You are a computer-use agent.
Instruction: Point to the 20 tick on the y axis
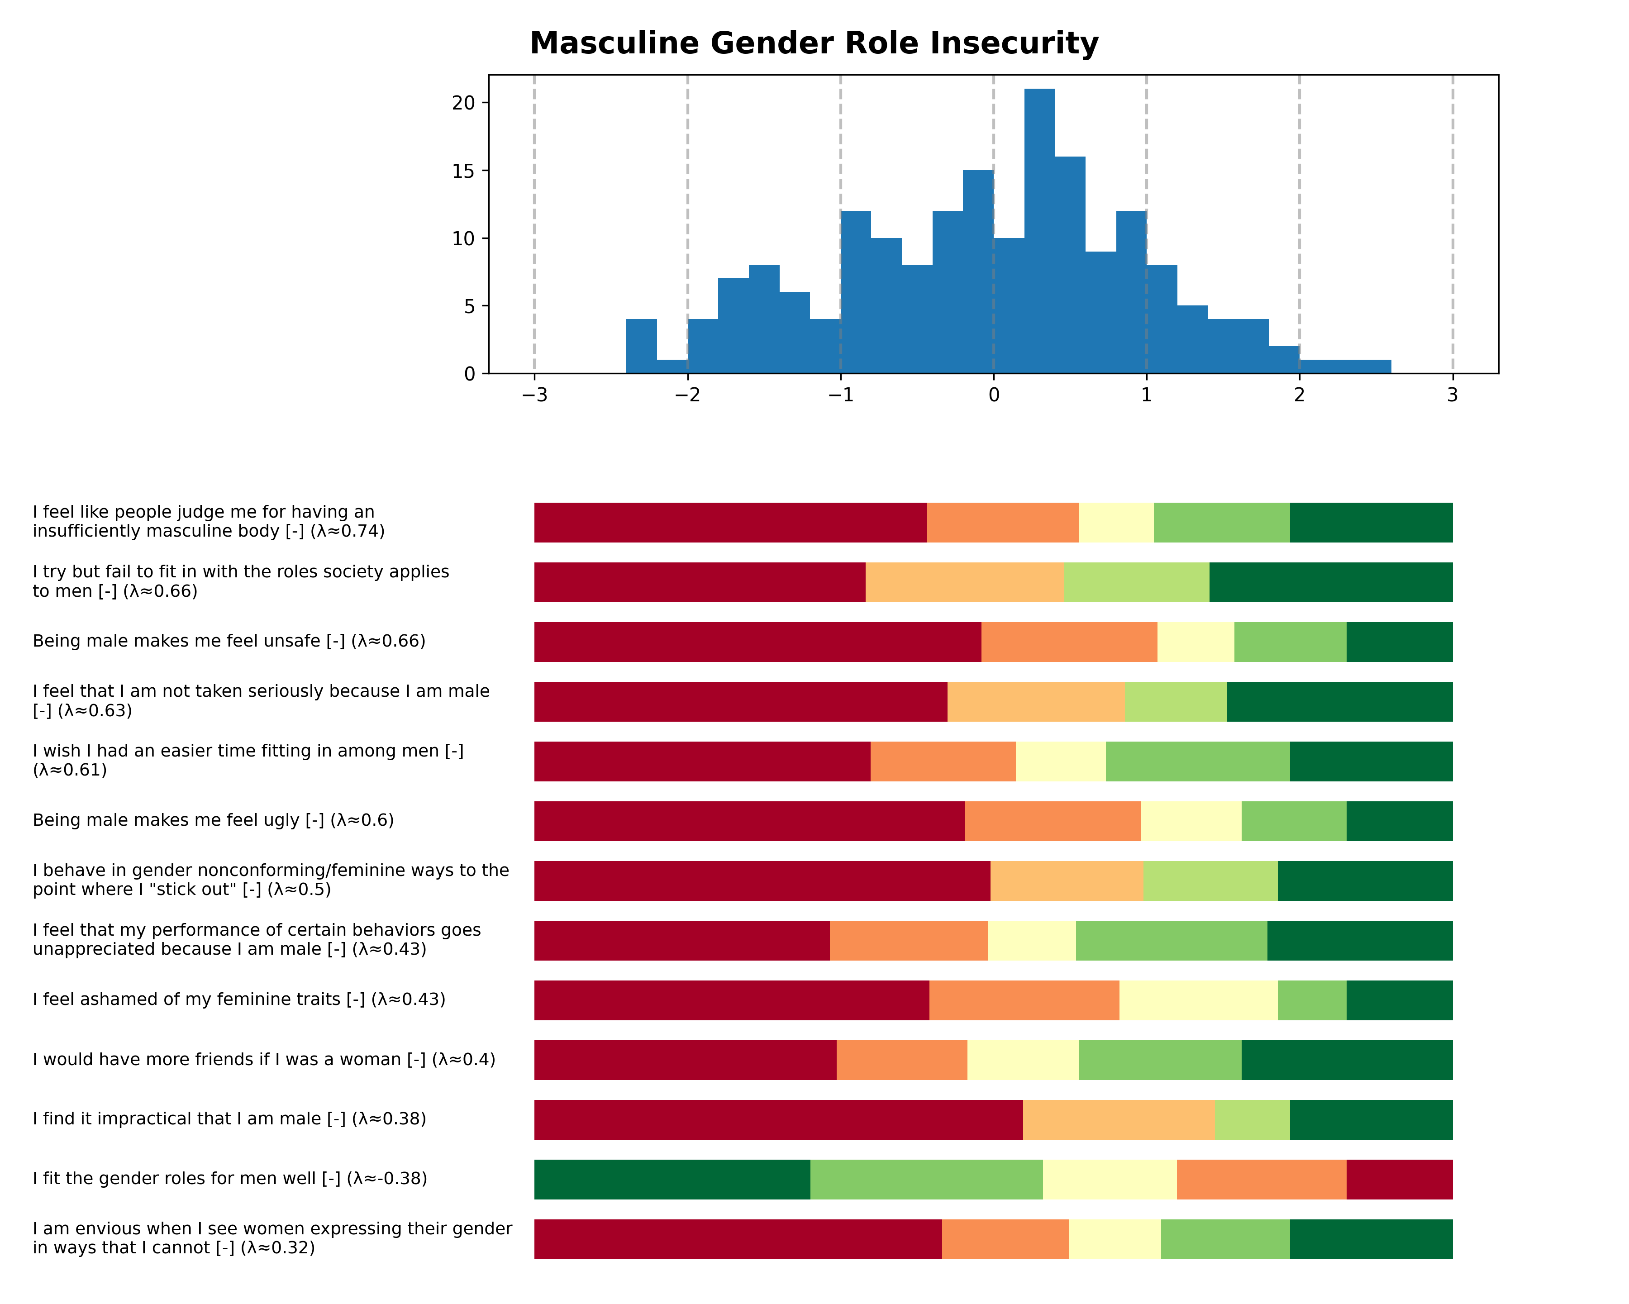(463, 103)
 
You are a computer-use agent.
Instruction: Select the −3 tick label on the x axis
(534, 395)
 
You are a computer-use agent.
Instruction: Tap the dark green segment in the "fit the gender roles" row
(672, 1179)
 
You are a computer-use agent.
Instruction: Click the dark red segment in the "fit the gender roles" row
(1399, 1179)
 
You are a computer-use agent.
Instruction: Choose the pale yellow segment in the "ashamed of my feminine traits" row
(1198, 1000)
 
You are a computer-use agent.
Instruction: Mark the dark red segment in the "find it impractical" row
(778, 1120)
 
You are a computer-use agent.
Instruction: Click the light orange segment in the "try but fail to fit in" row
(964, 582)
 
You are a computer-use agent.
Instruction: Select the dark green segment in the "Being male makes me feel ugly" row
(1399, 821)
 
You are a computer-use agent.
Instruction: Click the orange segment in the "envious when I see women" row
(1005, 1239)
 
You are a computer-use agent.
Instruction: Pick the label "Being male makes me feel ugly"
(213, 820)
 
